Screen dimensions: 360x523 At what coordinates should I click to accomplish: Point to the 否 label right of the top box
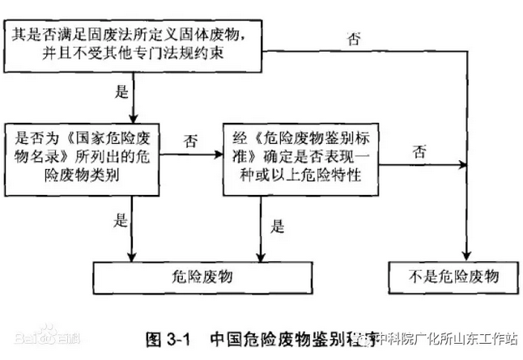[x=354, y=38]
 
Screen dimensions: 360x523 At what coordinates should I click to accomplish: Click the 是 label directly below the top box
[x=123, y=91]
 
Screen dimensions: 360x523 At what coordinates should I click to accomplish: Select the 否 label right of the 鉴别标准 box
[x=419, y=151]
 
